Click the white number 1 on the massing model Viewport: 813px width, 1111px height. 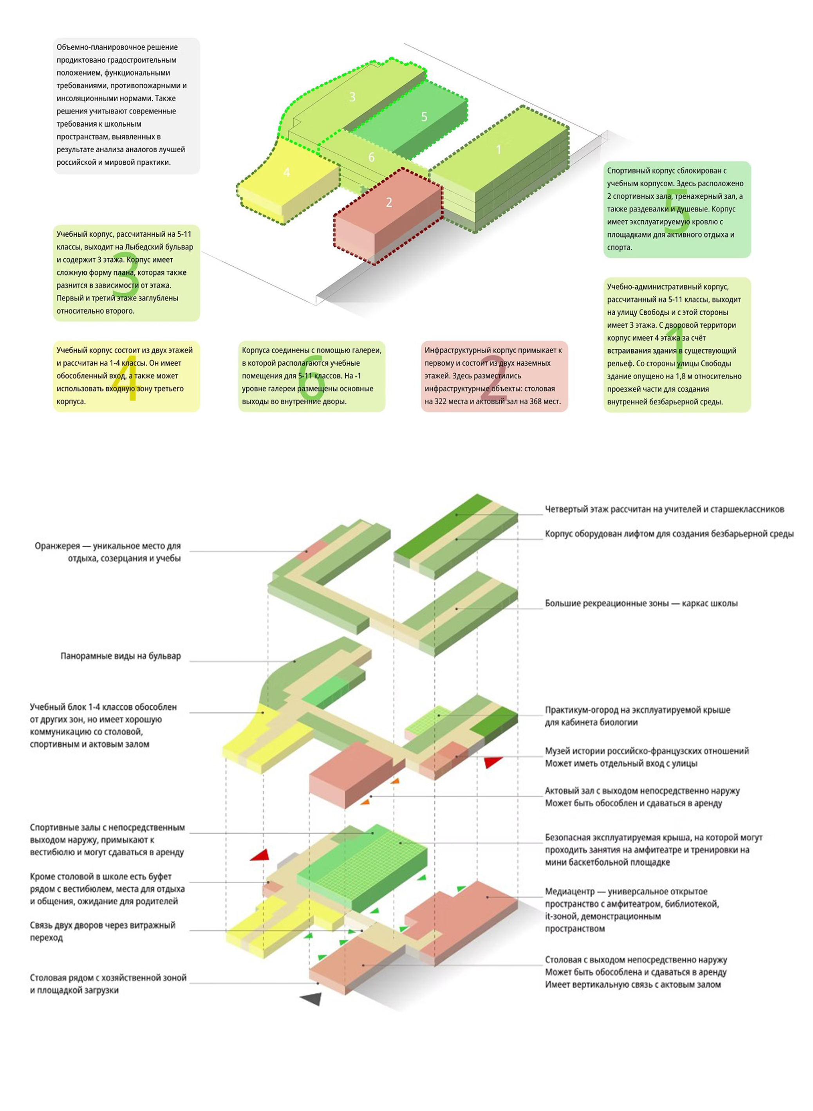click(x=499, y=150)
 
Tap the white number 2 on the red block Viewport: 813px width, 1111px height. click(x=389, y=202)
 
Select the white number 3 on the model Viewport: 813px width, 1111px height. click(x=352, y=97)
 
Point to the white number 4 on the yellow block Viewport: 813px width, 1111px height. click(x=286, y=172)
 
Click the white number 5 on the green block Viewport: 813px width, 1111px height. click(x=424, y=117)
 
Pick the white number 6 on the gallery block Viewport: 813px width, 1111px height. click(x=371, y=157)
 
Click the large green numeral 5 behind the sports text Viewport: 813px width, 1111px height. click(x=677, y=211)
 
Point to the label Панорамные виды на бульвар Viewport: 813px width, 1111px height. click(x=121, y=656)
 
